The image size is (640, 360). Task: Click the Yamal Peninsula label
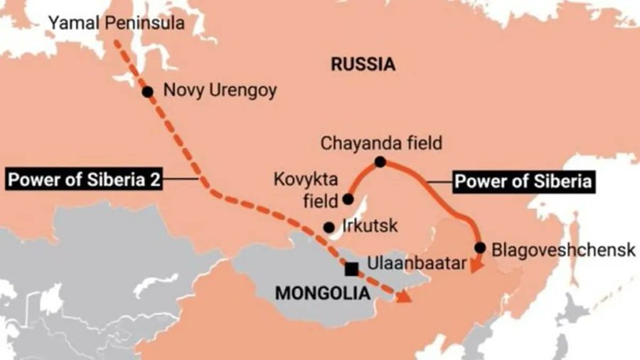coord(116,23)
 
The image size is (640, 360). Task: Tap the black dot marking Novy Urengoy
coord(147,91)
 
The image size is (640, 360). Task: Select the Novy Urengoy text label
coord(220,91)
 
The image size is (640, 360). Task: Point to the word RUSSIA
coord(363,65)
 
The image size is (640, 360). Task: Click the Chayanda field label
coord(381,143)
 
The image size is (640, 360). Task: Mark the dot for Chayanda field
coord(380,162)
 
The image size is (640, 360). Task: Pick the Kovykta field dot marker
coord(348,198)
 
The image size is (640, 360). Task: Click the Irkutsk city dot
coord(329,228)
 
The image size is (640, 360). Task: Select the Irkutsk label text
coord(369,228)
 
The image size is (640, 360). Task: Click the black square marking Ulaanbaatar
coord(351,269)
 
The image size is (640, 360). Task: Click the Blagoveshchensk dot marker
coord(480,248)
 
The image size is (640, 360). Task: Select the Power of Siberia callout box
coord(523,181)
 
